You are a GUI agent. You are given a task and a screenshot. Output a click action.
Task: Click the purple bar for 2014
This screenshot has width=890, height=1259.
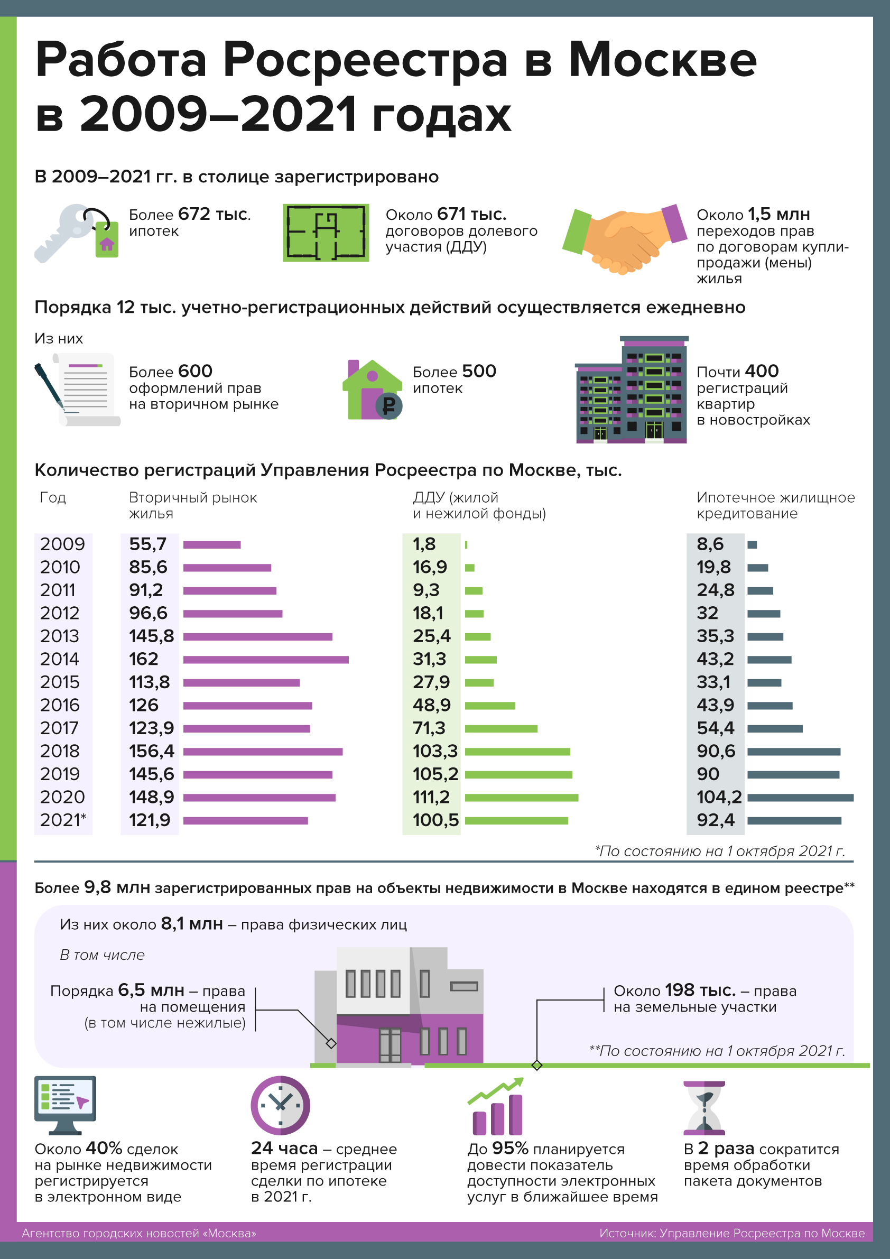click(265, 659)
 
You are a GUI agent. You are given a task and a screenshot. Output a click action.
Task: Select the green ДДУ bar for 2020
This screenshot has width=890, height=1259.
click(521, 797)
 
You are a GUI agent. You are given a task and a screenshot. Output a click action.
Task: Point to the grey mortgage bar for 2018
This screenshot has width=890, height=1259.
click(793, 751)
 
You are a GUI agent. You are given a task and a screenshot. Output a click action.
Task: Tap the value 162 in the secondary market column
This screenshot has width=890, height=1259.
click(144, 659)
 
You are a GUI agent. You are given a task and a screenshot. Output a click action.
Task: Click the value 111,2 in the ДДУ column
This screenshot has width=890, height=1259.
click(431, 797)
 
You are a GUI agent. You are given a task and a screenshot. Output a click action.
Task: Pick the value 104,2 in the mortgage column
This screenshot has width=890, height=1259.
click(718, 797)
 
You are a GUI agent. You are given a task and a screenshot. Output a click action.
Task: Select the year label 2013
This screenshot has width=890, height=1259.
click(60, 636)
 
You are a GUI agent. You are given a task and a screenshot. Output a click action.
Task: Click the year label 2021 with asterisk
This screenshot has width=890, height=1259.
click(63, 820)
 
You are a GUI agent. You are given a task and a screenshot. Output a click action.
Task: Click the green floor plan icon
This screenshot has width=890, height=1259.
click(326, 233)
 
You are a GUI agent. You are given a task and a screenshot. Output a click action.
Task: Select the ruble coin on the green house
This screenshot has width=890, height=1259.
click(389, 406)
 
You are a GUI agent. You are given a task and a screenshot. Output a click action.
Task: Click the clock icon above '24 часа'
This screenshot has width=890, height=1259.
click(280, 1106)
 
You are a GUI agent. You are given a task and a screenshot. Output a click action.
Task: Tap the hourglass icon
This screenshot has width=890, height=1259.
click(704, 1108)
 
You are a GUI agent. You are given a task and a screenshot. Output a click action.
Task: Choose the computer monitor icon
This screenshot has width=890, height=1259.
click(65, 1104)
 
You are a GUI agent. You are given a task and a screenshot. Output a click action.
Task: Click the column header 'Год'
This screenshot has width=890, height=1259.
click(53, 498)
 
